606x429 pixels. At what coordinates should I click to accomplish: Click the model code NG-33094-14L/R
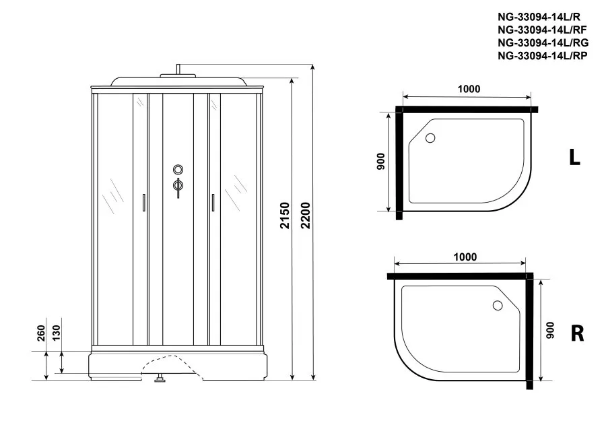click(x=539, y=17)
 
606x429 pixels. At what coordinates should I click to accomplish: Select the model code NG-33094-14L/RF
click(x=542, y=30)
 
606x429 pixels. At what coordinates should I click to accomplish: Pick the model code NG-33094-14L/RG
click(x=543, y=42)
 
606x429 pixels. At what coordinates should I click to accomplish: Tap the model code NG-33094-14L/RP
click(x=542, y=56)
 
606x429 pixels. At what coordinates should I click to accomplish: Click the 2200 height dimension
click(x=305, y=216)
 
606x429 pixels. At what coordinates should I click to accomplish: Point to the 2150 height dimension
click(x=285, y=216)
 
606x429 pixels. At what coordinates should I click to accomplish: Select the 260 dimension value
click(x=41, y=333)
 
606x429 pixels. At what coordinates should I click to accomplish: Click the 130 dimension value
click(x=57, y=333)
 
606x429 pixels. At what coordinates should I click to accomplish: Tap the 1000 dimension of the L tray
click(x=469, y=89)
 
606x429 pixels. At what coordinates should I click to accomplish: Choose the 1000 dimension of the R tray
click(x=465, y=257)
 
